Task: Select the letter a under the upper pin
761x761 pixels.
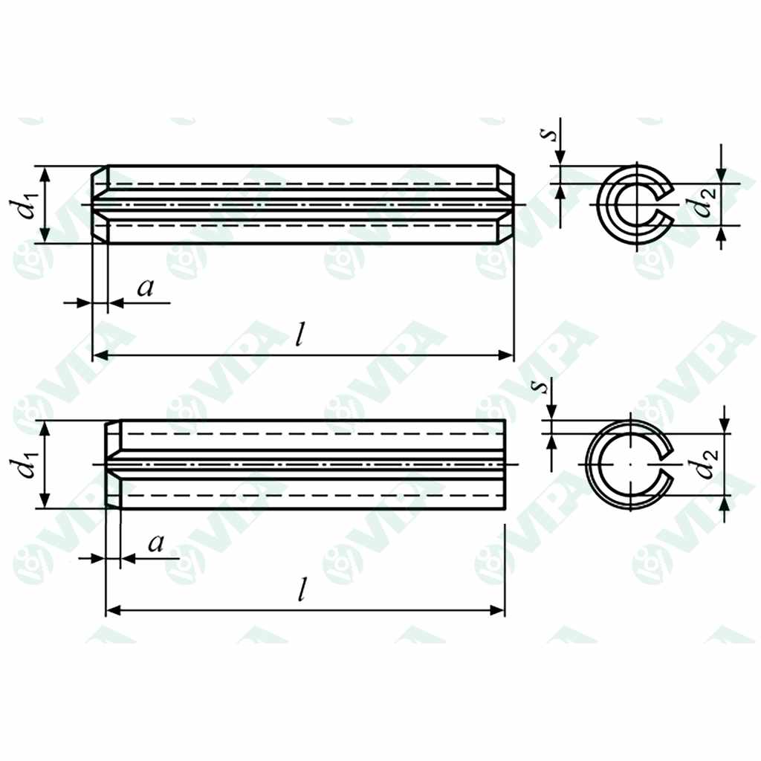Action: (146, 288)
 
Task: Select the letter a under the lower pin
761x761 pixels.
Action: (155, 544)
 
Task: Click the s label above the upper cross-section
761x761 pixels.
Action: (548, 134)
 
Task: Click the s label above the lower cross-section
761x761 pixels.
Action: (543, 386)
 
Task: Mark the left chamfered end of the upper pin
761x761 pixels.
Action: (100, 204)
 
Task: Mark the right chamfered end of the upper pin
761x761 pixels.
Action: (505, 204)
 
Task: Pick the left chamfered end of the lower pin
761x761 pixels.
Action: (113, 464)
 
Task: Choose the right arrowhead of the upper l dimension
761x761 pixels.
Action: (508, 356)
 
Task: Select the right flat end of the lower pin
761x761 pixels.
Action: (505, 464)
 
